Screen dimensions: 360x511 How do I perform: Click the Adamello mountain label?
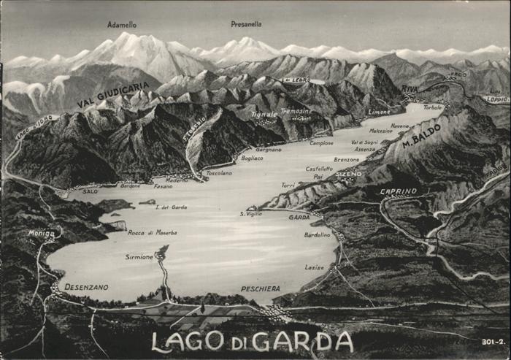122,24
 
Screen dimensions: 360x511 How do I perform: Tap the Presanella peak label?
246,24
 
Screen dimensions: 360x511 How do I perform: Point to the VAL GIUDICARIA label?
113,95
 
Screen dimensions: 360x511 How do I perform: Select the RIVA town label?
410,89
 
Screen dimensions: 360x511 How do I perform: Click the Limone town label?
379,112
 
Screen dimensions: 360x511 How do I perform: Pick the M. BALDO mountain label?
422,134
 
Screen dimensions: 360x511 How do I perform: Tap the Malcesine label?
380,131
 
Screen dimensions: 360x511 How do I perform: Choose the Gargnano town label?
269,149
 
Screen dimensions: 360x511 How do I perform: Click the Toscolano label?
219,173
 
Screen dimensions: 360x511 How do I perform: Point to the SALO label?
90,191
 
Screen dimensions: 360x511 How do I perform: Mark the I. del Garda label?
172,207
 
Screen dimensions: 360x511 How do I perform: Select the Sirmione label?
139,257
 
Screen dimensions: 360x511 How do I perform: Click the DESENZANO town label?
86,287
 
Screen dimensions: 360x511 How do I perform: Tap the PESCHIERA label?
260,288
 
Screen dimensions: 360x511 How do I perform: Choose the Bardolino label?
318,234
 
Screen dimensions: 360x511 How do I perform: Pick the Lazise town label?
315,267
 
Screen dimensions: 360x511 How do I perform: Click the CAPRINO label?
399,191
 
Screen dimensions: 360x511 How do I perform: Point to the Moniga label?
41,233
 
